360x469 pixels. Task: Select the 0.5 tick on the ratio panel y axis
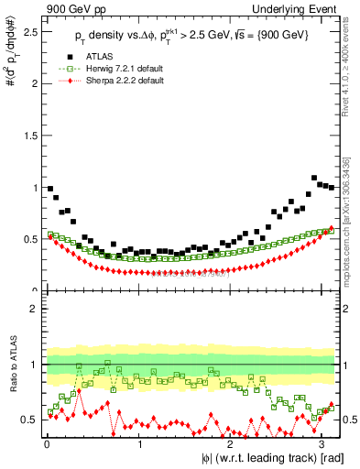(x=31, y=420)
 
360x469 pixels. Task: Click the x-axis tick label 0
(x=47, y=442)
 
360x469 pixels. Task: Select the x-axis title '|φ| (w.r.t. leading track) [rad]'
(x=262, y=458)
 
